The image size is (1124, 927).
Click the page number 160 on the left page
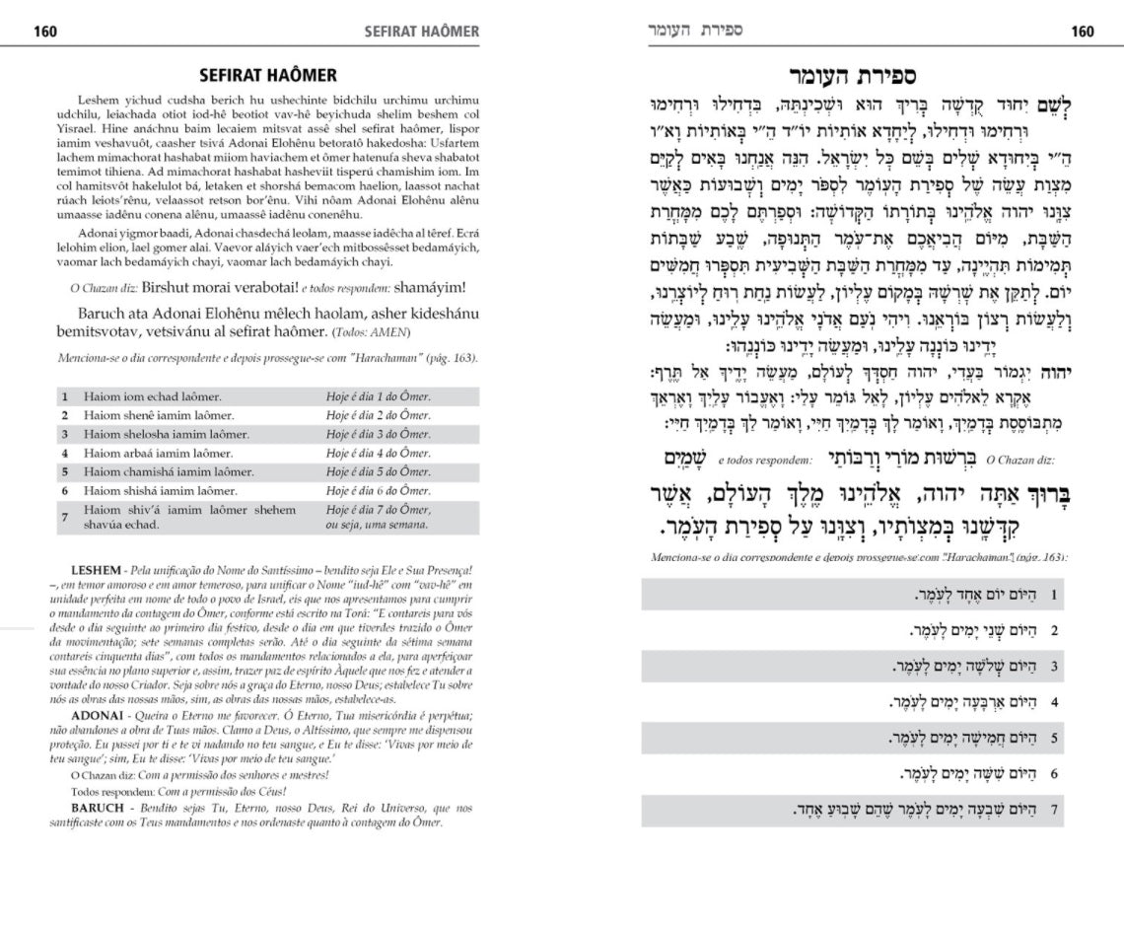(x=45, y=32)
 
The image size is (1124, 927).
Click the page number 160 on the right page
(x=1082, y=32)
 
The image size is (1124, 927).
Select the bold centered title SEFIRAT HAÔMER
(x=267, y=75)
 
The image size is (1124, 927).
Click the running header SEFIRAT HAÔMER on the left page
(x=421, y=32)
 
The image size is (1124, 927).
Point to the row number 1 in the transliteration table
(x=65, y=396)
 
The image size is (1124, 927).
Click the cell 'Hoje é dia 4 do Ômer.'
(x=378, y=453)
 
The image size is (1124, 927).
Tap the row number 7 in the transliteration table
(x=65, y=518)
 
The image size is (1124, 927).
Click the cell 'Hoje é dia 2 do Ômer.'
(x=378, y=415)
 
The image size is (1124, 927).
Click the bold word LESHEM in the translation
(x=97, y=571)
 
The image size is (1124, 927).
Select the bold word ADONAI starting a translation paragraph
(x=97, y=712)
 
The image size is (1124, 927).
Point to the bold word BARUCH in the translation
(x=97, y=807)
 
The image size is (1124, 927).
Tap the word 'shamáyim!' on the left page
(x=429, y=288)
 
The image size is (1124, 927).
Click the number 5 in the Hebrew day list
(x=1055, y=738)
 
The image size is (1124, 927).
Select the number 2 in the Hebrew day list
(x=1055, y=630)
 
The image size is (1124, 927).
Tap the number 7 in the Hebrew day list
(x=1055, y=810)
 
